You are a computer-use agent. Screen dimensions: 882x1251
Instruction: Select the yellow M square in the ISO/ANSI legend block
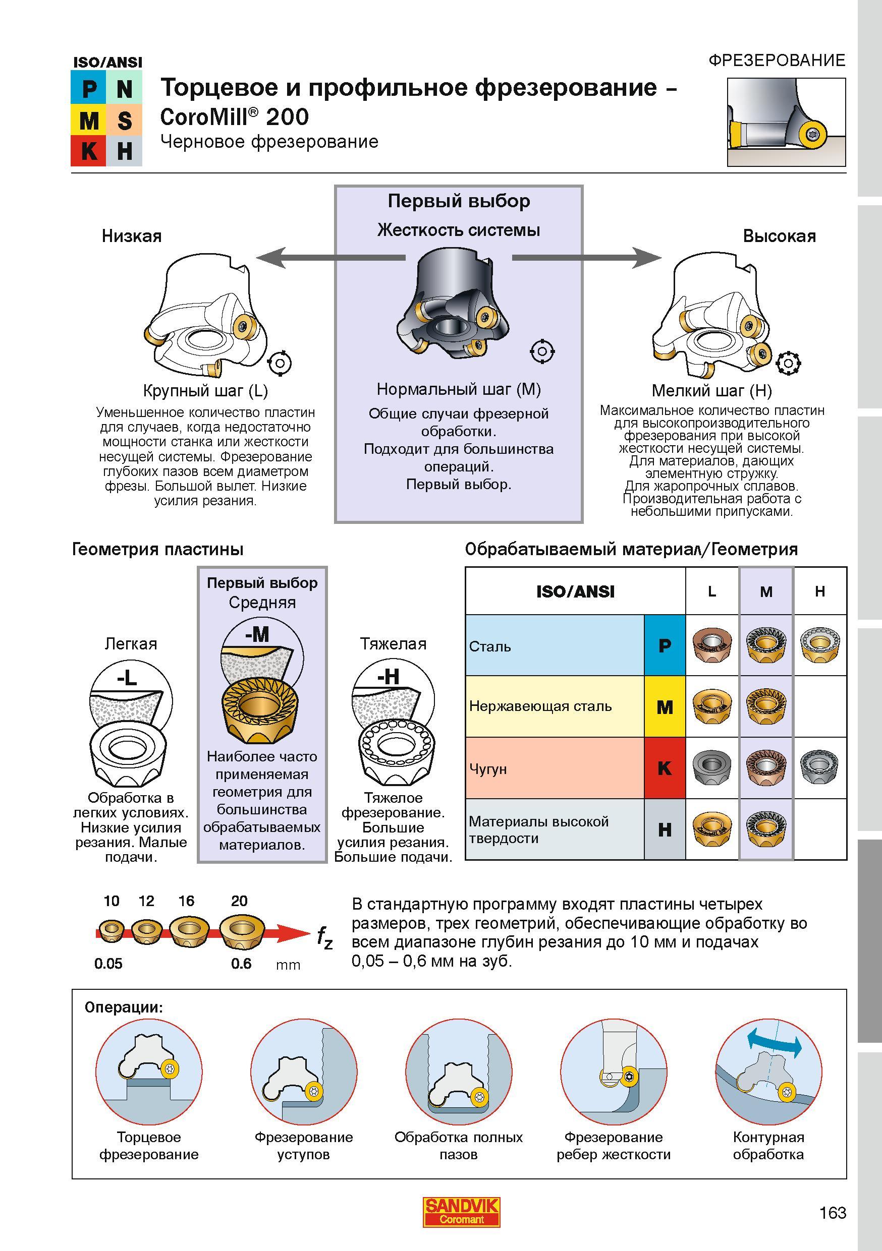(89, 120)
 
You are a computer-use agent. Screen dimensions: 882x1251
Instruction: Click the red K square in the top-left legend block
(89, 150)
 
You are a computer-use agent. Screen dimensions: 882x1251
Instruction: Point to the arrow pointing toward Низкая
(331, 257)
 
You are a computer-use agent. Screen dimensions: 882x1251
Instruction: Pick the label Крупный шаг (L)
(205, 391)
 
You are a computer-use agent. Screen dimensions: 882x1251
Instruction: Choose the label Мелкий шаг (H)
(712, 391)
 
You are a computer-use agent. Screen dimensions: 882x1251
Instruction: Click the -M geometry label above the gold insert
(257, 634)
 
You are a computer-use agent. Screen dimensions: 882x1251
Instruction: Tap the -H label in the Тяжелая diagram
(388, 677)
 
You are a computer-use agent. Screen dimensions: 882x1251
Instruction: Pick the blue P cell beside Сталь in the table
(665, 645)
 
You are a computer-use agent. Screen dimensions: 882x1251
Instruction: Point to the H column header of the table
(820, 591)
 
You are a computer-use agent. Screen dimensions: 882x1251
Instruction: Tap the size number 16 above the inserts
(186, 901)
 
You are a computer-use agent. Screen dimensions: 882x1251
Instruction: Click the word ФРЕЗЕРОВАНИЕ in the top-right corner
(777, 60)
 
